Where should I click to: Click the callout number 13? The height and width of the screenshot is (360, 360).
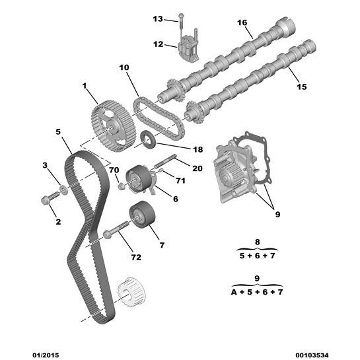(157, 18)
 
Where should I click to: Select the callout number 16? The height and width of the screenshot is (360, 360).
(242, 23)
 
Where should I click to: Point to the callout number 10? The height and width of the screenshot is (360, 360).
(124, 67)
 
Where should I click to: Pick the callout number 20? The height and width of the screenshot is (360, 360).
(197, 168)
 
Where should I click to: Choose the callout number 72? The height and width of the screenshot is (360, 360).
(136, 257)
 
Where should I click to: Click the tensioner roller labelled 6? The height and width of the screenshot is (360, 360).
(137, 178)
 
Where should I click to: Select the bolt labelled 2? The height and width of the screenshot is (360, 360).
(48, 199)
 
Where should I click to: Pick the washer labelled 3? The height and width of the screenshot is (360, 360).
(63, 192)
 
